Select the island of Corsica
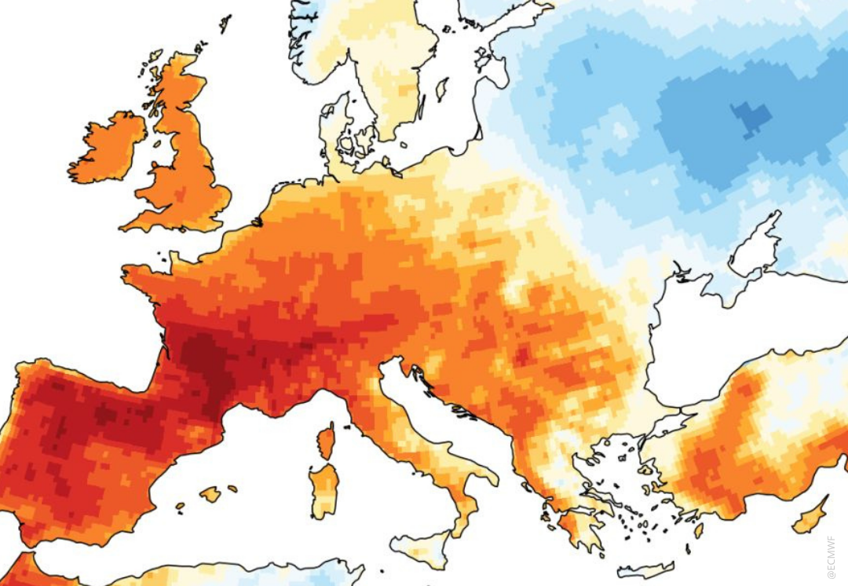click(x=326, y=441)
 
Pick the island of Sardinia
click(x=323, y=491)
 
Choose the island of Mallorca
click(x=210, y=494)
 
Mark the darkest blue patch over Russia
click(x=751, y=118)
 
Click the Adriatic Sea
click(x=440, y=424)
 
